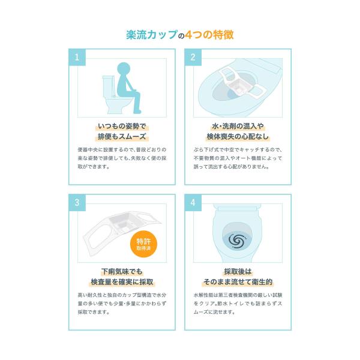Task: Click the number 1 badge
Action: (77, 57)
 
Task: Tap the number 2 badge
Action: (193, 57)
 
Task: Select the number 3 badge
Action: (77, 203)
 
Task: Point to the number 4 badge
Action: (193, 203)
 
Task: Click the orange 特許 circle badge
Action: (143, 244)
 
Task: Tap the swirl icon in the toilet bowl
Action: (237, 241)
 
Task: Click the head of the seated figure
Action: (124, 69)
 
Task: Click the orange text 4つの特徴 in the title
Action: (209, 35)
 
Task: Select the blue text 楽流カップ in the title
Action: (152, 35)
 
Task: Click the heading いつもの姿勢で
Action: (122, 126)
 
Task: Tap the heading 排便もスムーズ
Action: (122, 136)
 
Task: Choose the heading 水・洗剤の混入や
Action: (238, 126)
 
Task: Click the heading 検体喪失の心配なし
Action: (238, 136)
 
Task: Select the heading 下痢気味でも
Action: (122, 272)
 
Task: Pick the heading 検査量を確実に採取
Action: (122, 282)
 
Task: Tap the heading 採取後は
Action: (238, 272)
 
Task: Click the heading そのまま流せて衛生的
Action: (238, 282)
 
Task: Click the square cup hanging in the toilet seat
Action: (238, 86)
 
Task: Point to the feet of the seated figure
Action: (137, 112)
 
